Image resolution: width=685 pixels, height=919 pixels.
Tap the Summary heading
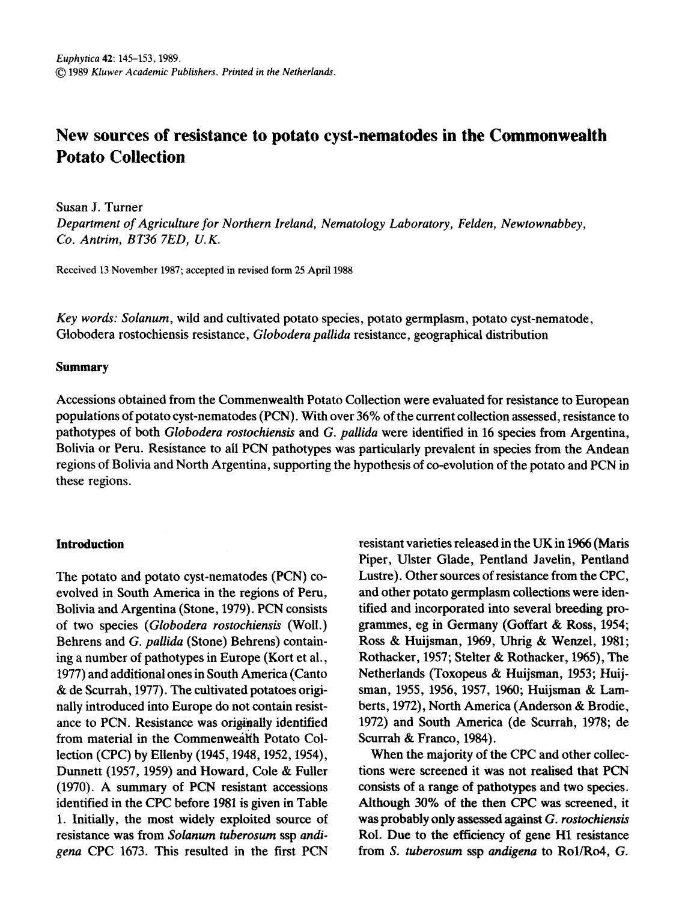pyautogui.click(x=82, y=367)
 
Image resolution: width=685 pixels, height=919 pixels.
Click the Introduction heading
pyautogui.click(x=90, y=544)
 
